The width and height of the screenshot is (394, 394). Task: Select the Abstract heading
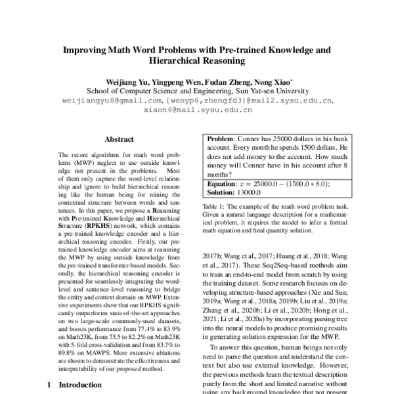(119, 140)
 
